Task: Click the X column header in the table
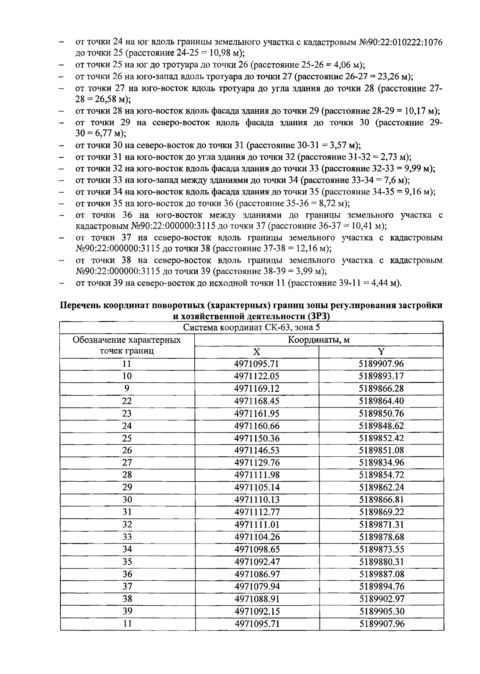click(x=256, y=352)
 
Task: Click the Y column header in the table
click(x=381, y=352)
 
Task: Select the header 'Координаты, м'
click(x=319, y=340)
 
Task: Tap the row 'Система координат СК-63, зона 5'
click(x=252, y=328)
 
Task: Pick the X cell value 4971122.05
click(x=256, y=376)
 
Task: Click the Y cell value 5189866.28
click(x=381, y=389)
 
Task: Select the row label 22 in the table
click(x=127, y=401)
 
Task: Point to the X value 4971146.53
click(x=256, y=451)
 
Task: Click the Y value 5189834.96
click(x=381, y=463)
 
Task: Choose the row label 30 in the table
click(x=127, y=500)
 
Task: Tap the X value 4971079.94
click(x=256, y=587)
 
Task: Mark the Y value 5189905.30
click(x=381, y=612)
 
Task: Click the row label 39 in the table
click(x=127, y=612)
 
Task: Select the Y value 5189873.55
click(x=381, y=550)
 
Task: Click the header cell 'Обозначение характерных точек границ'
click(x=127, y=346)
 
